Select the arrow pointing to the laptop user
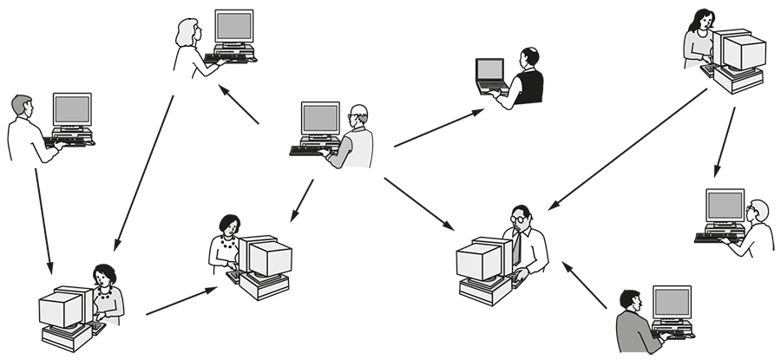(438, 128)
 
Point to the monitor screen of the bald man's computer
(319, 118)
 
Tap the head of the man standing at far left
(23, 107)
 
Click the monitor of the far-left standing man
(71, 111)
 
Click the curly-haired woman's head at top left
(189, 33)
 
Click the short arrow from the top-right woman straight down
(724, 144)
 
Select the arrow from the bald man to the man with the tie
(420, 205)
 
